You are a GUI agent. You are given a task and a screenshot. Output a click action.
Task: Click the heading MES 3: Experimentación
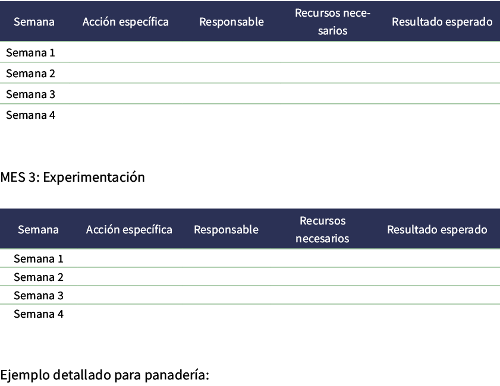pos(73,177)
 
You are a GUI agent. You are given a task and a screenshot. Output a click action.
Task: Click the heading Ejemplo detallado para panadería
pos(105,375)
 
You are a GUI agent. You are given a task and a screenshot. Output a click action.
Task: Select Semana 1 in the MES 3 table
pos(38,259)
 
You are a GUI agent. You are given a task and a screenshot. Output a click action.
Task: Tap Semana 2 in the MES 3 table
pos(38,277)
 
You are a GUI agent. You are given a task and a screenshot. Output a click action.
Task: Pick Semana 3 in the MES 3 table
pos(38,296)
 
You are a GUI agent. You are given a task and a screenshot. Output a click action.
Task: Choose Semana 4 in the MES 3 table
pos(38,314)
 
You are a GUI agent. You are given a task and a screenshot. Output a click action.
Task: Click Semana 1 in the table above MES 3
pos(30,53)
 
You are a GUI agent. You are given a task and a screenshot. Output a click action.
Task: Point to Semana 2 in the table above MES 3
pos(30,74)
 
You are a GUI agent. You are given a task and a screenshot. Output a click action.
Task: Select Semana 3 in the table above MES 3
pos(30,94)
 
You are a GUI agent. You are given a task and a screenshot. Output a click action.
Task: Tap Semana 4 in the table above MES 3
pos(30,115)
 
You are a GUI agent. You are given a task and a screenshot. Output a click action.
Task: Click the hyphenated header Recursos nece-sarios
pos(332,21)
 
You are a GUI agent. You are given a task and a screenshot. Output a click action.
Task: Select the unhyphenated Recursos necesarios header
pos(322,230)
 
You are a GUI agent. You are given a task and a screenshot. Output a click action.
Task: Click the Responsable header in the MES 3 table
pos(226,230)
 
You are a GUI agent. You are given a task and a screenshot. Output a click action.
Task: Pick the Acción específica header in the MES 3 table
pos(129,230)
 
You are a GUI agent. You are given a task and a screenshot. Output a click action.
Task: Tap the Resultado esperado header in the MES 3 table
pos(437,230)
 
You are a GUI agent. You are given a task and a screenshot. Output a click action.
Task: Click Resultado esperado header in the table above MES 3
pos(442,22)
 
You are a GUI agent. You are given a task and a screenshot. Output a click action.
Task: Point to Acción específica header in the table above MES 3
pos(125,22)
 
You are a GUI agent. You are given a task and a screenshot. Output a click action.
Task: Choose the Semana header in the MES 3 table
pos(38,230)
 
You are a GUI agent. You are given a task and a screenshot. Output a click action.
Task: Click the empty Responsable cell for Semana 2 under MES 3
pos(226,277)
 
